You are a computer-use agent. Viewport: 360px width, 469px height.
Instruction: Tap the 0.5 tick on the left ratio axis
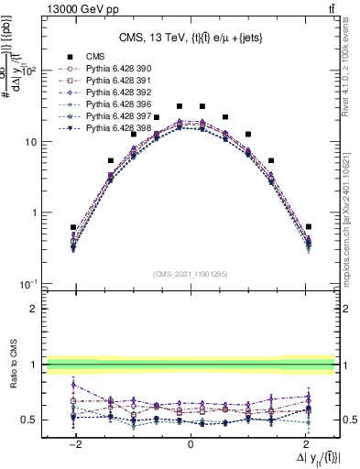coord(31,420)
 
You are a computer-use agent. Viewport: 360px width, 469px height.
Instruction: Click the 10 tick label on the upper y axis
coord(30,142)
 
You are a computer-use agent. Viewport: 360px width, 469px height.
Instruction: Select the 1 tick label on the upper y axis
coord(34,213)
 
